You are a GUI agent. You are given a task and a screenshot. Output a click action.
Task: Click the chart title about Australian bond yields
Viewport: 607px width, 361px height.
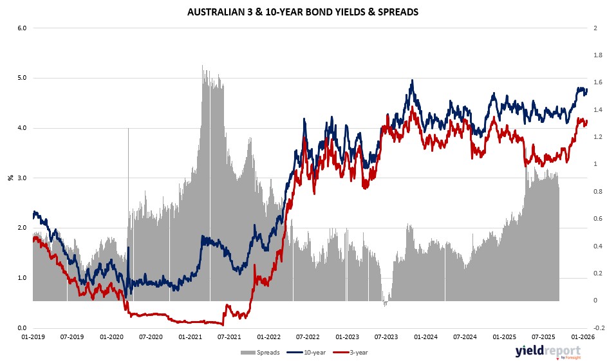point(303,12)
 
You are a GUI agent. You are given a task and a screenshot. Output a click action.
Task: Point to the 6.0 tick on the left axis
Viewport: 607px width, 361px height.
point(21,28)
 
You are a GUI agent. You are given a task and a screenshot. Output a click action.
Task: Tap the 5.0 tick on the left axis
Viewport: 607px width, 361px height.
point(21,78)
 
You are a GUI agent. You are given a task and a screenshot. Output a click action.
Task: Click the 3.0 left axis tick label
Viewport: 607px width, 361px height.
point(21,178)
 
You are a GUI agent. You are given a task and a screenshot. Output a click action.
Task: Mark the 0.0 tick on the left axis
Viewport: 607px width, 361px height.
point(21,328)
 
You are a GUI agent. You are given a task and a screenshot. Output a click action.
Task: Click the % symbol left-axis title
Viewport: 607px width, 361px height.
point(10,178)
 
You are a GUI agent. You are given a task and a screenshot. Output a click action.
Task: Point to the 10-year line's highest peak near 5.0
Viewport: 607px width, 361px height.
point(411,81)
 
